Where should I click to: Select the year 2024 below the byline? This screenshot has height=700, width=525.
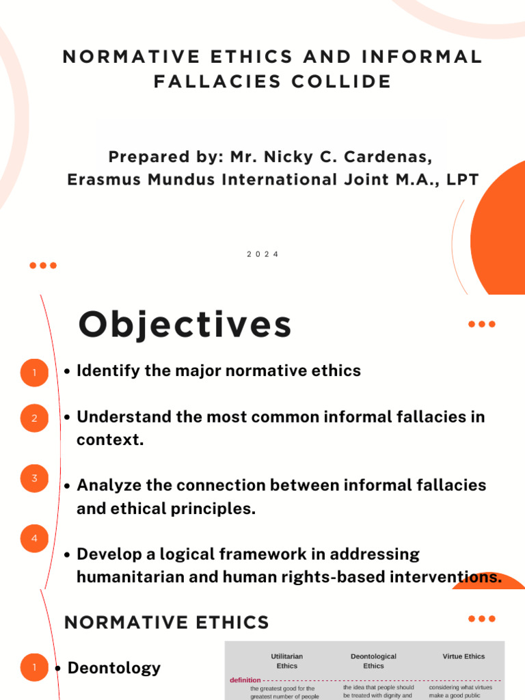click(262, 254)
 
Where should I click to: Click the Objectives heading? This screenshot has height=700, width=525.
click(185, 325)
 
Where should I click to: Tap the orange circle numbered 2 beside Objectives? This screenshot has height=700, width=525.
click(35, 418)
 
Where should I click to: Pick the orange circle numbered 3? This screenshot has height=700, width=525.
click(35, 479)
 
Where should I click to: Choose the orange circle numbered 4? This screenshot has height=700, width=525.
click(35, 539)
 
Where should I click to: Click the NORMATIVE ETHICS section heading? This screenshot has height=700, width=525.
click(166, 623)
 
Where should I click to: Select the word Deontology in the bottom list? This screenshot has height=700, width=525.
click(114, 668)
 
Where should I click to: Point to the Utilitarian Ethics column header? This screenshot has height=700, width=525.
click(286, 661)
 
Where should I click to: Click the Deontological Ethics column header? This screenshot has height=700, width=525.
click(373, 661)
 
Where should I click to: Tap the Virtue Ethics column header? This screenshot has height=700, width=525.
click(463, 656)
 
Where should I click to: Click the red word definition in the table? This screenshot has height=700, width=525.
click(245, 680)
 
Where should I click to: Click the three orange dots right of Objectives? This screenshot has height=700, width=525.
click(482, 324)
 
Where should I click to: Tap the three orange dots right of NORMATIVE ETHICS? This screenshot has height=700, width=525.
click(482, 619)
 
